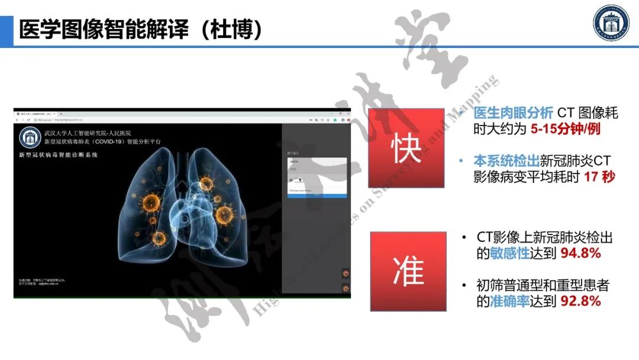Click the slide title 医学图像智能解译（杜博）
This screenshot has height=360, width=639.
[x=141, y=30]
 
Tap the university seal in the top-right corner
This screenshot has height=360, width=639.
[x=611, y=24]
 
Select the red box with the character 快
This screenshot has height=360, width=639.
[x=406, y=148]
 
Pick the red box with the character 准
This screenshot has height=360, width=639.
[x=408, y=271]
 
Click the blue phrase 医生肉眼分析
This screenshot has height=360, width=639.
[x=513, y=112]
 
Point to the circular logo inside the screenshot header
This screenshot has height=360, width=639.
[x=30, y=137]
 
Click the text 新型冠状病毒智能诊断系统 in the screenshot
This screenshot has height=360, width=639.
[x=59, y=155]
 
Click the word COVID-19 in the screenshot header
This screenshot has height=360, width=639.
[x=121, y=142]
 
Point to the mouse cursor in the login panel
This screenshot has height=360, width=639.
[x=300, y=179]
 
